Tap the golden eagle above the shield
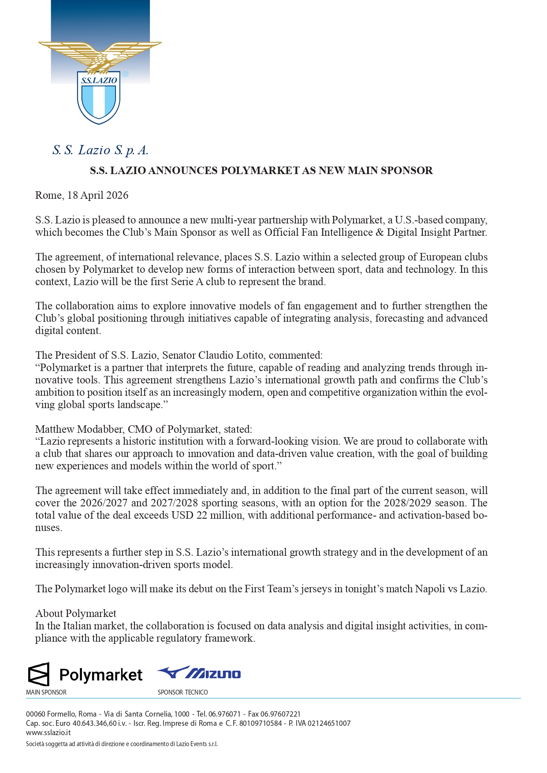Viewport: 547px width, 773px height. tap(100, 54)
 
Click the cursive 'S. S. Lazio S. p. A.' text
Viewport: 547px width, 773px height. tap(100, 150)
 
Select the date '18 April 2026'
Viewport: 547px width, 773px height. tap(97, 195)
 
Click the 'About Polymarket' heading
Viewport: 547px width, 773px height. tap(76, 613)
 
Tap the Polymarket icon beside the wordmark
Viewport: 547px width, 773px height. tap(39, 674)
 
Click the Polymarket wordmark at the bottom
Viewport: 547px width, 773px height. tap(101, 675)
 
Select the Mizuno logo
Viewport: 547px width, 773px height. tap(199, 673)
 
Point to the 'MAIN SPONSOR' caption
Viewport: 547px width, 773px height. tap(46, 692)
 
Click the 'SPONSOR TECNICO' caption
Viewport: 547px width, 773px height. tap(182, 692)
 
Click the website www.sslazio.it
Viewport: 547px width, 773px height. tap(48, 732)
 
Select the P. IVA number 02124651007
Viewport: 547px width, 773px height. tap(329, 723)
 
